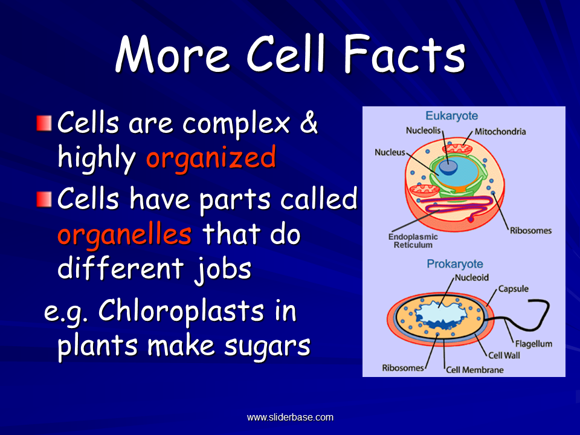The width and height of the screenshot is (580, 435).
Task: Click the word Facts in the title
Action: click(404, 54)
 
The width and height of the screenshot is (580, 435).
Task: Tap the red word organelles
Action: click(124, 235)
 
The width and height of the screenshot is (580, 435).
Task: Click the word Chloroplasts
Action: click(181, 311)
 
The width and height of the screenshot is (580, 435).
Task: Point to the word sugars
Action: click(267, 346)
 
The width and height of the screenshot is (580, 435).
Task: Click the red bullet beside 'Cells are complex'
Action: click(44, 123)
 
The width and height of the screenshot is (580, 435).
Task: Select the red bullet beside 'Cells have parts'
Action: click(44, 199)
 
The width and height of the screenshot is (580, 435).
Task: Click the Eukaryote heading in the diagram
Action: click(452, 116)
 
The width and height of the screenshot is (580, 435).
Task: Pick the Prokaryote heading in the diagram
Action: click(455, 264)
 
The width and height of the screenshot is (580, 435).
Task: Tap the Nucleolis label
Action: click(424, 130)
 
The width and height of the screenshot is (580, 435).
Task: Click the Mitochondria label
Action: click(500, 132)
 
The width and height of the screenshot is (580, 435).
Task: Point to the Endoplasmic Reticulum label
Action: click(413, 241)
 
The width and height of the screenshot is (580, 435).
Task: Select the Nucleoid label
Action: click(472, 277)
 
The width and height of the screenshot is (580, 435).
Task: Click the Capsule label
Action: click(514, 289)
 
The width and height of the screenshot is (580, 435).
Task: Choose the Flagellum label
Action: click(533, 344)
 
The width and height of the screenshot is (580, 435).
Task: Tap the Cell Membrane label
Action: click(475, 370)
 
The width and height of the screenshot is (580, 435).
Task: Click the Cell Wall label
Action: click(504, 355)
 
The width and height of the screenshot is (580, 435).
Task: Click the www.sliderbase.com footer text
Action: click(290, 417)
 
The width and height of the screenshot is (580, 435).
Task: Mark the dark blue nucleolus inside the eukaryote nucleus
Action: click(448, 167)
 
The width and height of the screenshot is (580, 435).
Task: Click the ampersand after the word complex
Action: click(309, 123)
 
